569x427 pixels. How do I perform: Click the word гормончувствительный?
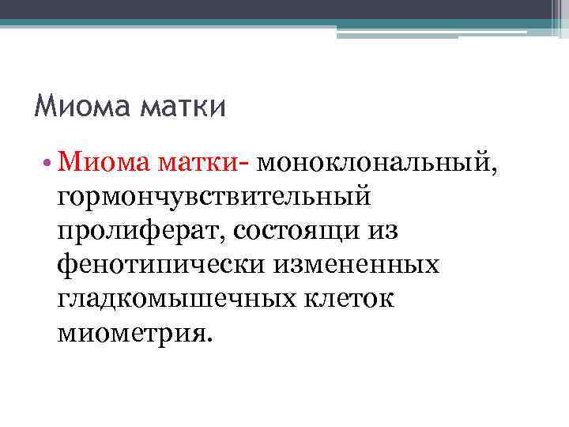click(x=213, y=193)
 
